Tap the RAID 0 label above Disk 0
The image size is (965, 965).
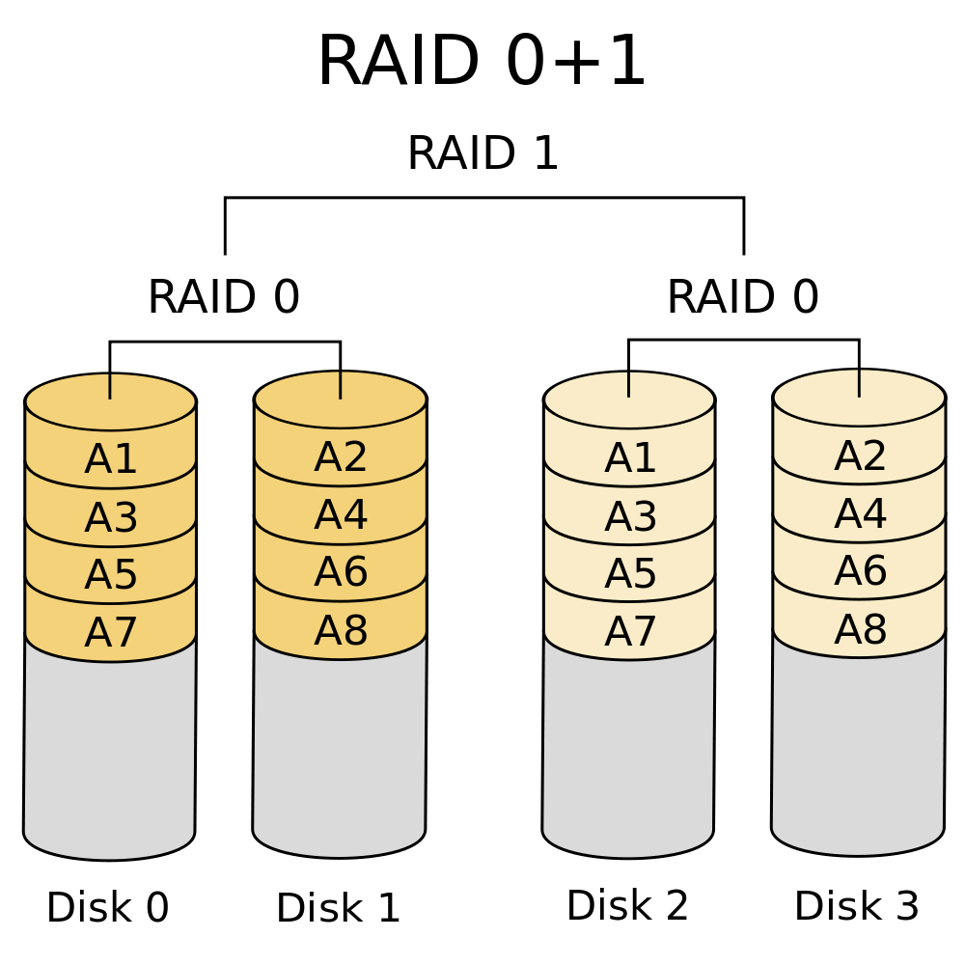[224, 297]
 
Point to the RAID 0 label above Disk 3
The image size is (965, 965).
[742, 297]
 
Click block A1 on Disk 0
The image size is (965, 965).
[111, 459]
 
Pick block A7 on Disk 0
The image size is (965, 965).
[111, 633]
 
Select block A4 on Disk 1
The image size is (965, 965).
[341, 515]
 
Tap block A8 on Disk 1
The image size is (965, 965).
[341, 631]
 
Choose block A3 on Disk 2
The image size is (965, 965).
[630, 517]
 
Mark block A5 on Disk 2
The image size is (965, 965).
[630, 574]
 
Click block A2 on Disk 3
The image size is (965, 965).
[860, 456]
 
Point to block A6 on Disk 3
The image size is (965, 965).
[860, 571]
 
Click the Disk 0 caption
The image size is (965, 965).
[108, 908]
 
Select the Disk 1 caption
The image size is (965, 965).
[338, 908]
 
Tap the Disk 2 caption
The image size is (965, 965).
[627, 906]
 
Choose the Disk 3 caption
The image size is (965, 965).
[857, 906]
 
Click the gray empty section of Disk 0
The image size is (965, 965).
[110, 753]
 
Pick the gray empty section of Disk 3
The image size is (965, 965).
[858, 748]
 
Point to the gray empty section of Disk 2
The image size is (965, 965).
[628, 751]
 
